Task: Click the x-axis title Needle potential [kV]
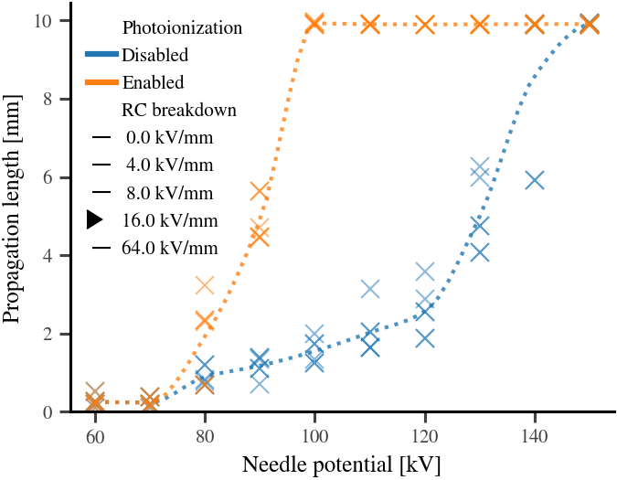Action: [341, 464]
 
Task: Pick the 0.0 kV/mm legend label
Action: [170, 138]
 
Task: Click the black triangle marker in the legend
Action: [95, 219]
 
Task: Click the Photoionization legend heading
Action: [182, 27]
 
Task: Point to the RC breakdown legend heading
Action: [179, 110]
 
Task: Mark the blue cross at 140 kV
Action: [535, 180]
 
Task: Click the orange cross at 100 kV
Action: [314, 23]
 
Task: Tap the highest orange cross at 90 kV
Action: [260, 191]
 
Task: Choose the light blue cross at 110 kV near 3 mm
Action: [369, 289]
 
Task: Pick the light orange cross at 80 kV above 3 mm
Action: [205, 286]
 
